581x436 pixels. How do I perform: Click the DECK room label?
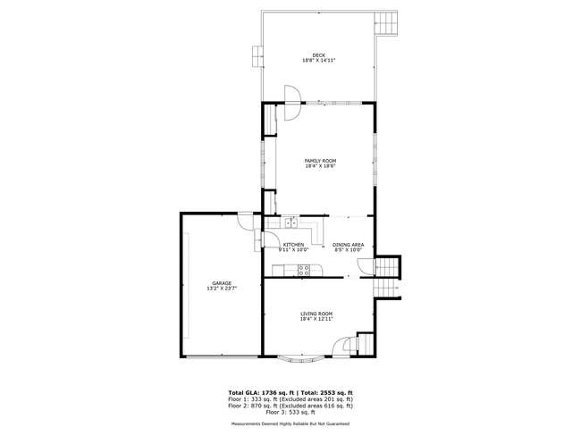point(318,54)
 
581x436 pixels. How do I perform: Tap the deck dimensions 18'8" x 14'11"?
point(318,61)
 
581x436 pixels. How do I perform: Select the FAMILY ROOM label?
point(320,160)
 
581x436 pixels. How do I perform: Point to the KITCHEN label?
point(293,245)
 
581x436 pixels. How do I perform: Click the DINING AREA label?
point(348,245)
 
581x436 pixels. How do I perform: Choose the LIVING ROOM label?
point(316,314)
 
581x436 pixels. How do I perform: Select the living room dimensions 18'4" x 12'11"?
point(316,319)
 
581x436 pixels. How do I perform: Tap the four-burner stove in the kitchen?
point(304,270)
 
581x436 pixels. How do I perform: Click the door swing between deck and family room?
point(291,96)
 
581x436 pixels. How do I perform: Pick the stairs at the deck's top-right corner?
point(386,21)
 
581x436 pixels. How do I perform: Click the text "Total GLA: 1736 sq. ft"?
point(264,393)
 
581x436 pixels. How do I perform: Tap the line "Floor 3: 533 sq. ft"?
point(291,412)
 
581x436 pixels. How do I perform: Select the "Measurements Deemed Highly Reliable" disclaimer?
point(290,423)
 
